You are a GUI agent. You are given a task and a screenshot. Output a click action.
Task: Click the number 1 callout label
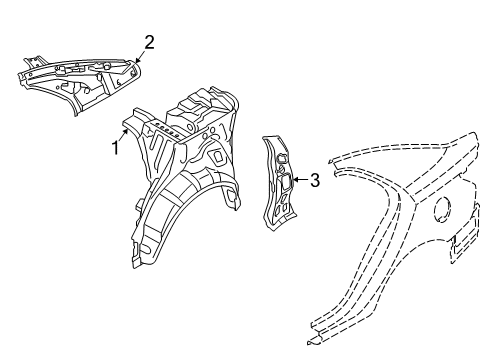[x=116, y=149]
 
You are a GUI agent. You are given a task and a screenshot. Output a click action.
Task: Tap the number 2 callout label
[x=149, y=42]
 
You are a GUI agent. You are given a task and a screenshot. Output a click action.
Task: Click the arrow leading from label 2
[x=141, y=56]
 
